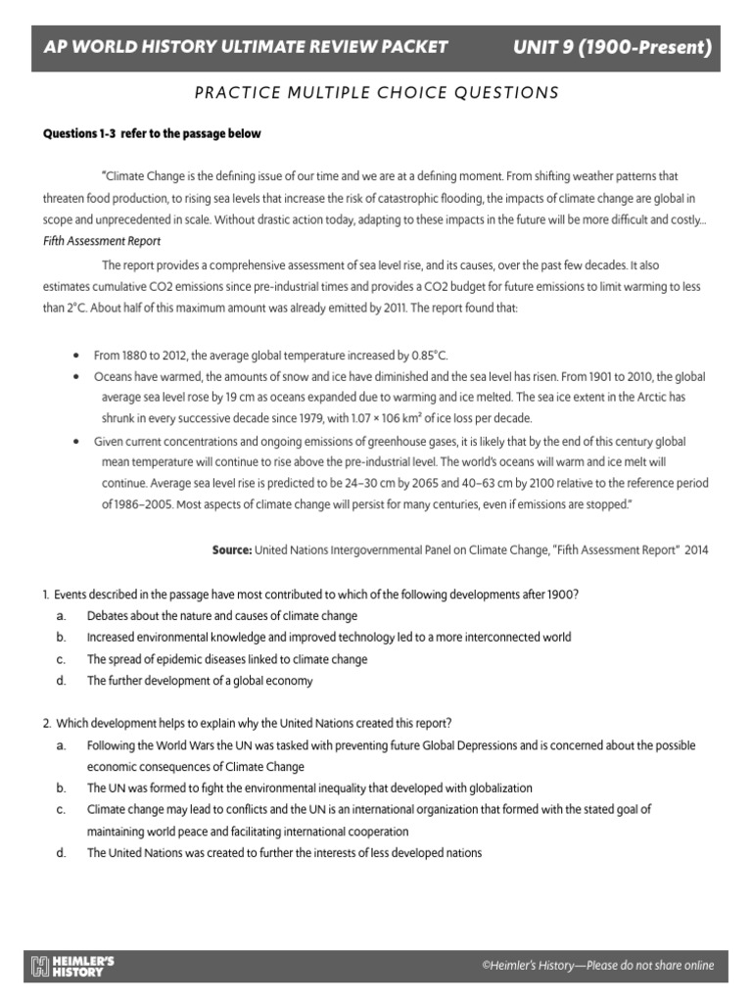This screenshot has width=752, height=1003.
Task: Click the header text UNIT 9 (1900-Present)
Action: [611, 46]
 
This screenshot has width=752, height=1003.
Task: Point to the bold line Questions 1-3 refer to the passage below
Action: [151, 133]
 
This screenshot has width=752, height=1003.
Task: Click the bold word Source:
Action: [232, 550]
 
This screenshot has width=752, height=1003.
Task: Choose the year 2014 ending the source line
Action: [696, 550]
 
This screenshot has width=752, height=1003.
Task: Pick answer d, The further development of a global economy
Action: [200, 680]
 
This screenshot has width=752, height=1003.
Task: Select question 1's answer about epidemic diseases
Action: [227, 659]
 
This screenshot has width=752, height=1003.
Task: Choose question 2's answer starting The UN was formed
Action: [309, 788]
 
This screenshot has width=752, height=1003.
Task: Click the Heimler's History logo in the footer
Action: [73, 966]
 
